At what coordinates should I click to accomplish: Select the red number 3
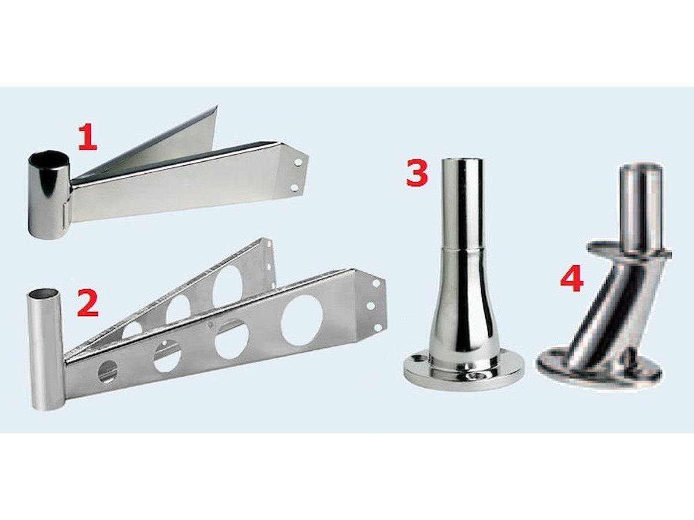click(417, 172)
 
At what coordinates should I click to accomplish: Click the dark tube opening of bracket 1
click(46, 158)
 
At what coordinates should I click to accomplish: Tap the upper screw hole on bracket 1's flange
click(298, 162)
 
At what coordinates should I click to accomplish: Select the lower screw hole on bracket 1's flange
click(295, 188)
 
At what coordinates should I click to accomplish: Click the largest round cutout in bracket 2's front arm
click(302, 320)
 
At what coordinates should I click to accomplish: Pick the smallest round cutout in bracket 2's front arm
click(108, 372)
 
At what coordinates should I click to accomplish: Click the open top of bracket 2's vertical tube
click(45, 291)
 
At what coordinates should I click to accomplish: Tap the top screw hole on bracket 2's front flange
click(376, 283)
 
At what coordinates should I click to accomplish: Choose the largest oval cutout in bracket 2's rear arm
click(228, 287)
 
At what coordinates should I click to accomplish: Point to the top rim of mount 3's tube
click(462, 161)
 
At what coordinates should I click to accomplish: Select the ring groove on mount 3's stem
click(462, 249)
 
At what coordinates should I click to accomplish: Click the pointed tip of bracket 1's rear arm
click(217, 106)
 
